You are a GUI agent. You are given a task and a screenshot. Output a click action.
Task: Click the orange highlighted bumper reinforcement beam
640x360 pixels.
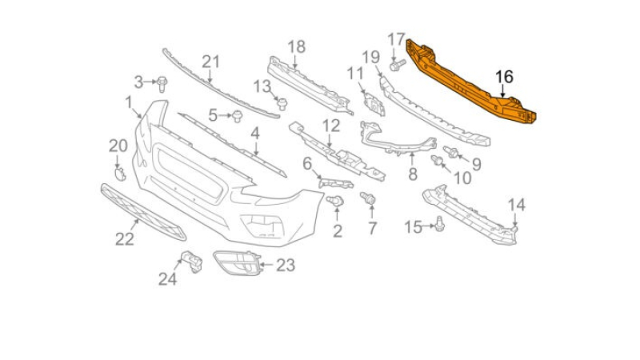click(470, 81)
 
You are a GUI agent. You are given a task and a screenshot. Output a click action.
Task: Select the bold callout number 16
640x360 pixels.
click(504, 77)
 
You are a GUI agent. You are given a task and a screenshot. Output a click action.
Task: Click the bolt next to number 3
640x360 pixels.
click(162, 84)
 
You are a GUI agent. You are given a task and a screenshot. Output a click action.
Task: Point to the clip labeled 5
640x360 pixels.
click(237, 116)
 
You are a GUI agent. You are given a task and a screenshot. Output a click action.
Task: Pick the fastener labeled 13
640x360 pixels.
click(282, 104)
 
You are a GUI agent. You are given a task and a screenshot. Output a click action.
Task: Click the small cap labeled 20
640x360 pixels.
click(120, 174)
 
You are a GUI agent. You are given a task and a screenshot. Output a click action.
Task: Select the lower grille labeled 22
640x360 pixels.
click(143, 212)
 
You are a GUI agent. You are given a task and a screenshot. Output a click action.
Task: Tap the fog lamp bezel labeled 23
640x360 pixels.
click(237, 263)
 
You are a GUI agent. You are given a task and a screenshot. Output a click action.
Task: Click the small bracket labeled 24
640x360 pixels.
click(192, 262)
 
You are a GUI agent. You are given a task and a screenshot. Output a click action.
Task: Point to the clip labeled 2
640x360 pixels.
click(335, 201)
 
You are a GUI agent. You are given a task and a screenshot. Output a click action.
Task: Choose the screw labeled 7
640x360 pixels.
click(368, 198)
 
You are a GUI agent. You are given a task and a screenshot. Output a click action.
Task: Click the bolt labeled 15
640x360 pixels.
click(439, 224)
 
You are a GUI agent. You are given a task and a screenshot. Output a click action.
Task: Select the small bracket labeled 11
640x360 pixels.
click(374, 104)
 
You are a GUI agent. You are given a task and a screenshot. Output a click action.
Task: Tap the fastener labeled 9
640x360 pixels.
click(451, 152)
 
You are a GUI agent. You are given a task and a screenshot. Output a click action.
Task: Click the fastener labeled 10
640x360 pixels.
click(438, 161)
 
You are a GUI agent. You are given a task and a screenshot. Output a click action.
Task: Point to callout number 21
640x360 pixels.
click(210, 62)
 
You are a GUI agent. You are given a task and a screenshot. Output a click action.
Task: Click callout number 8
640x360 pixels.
click(413, 174)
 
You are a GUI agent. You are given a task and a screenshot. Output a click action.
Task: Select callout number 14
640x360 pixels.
click(516, 205)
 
